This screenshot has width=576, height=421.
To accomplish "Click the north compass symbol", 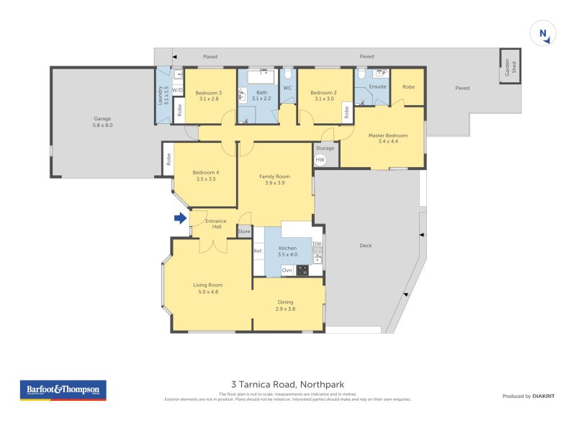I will [x=543, y=34].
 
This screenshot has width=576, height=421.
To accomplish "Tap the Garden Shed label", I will [x=510, y=67].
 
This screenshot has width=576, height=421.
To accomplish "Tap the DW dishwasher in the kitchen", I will [x=317, y=244].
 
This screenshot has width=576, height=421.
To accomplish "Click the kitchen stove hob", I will [x=302, y=270].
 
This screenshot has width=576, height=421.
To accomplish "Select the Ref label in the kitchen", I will [x=258, y=252].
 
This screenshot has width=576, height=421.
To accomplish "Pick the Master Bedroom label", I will [x=388, y=136].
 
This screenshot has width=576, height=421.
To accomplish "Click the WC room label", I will [x=287, y=89].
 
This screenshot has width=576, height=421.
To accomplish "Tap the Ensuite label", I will [x=378, y=87].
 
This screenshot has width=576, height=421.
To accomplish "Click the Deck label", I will [x=365, y=245].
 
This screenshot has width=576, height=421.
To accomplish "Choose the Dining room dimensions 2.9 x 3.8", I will [x=285, y=309].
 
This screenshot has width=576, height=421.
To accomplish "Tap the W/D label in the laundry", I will [x=178, y=90].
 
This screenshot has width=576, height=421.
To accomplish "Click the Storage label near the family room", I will [x=325, y=149].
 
